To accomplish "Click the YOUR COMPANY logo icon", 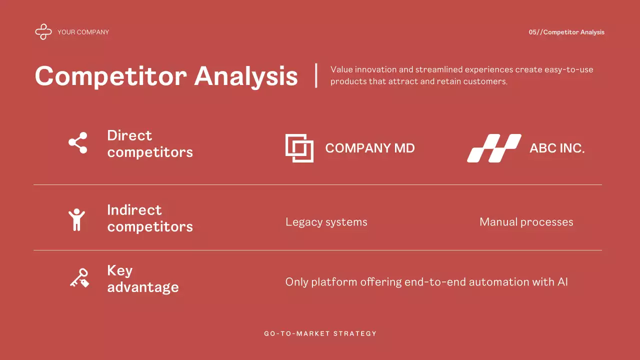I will point(43,32).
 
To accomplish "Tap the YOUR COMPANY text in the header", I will point(83,32).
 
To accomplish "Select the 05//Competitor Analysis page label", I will point(566,32).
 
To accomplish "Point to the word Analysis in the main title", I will point(246,76).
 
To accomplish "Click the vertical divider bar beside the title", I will point(316,75).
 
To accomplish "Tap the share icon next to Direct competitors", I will point(78,143).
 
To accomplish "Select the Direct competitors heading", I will point(149,143).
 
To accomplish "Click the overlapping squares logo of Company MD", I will point(299,148).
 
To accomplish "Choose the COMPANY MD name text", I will point(369,148).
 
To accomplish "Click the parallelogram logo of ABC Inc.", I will point(494,148).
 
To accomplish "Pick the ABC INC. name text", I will point(557,148).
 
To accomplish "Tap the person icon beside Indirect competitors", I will point(76,219).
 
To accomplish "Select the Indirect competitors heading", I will point(149,218).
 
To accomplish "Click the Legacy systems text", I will point(326,222).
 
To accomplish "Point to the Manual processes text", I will point(526,222).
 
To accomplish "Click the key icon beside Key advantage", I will point(79,278).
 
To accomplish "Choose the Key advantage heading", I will point(142,278).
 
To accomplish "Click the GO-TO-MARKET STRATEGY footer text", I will point(320,333).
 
